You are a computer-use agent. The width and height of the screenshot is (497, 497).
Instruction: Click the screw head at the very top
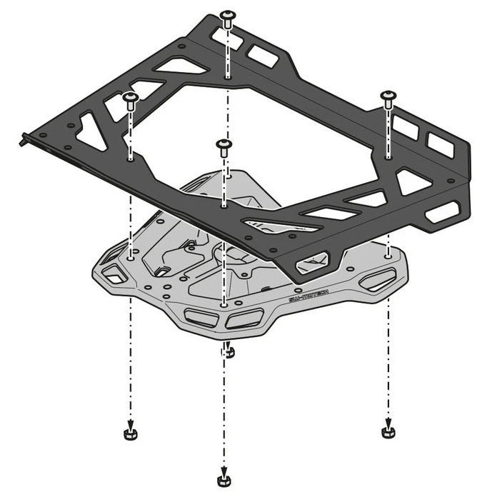point(227,16)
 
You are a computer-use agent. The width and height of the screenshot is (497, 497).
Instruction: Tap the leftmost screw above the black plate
point(130,97)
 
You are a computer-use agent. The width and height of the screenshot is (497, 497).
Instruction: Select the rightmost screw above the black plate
point(388,96)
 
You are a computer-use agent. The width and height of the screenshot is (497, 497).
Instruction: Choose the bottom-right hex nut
point(388,431)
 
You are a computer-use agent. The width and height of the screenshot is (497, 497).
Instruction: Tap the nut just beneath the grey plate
point(226,351)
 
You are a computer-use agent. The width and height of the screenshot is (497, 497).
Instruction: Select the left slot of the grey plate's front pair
point(199,316)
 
